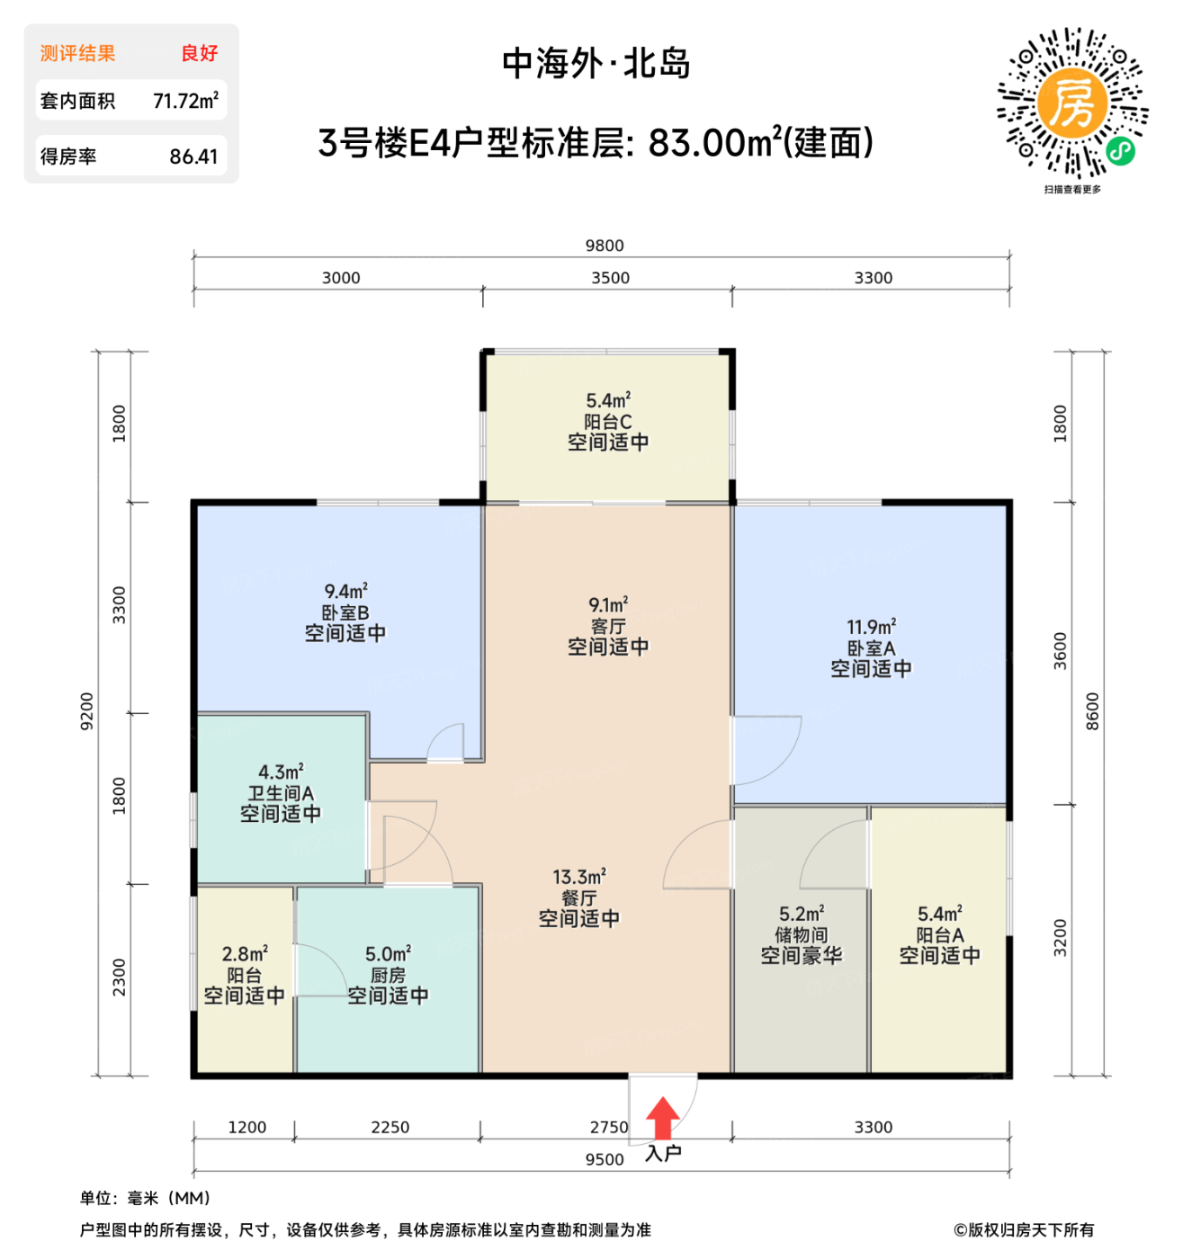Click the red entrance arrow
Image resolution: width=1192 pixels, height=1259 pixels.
[x=663, y=1119]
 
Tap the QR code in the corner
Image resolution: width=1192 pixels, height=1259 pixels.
[x=1072, y=103]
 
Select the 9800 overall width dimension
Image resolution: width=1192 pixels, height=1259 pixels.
[x=605, y=246]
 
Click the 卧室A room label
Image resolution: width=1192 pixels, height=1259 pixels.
[x=871, y=648]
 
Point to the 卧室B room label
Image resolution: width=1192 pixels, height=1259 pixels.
[x=345, y=612]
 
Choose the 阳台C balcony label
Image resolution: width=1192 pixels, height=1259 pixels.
[x=608, y=422]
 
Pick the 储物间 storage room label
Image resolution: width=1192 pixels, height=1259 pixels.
[x=801, y=935]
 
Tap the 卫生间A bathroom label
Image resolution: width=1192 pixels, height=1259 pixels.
[x=281, y=793]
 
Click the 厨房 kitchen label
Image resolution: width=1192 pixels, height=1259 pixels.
[x=388, y=976]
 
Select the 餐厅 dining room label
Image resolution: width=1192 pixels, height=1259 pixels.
[x=578, y=897]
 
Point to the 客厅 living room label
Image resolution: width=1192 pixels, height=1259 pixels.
[x=608, y=626]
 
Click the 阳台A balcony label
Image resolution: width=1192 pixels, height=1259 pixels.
[x=940, y=935]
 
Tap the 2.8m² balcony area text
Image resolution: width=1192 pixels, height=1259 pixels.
[x=245, y=954]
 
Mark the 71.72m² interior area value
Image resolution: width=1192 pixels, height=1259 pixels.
[x=185, y=101]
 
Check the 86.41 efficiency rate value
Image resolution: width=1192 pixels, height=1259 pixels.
[x=193, y=156]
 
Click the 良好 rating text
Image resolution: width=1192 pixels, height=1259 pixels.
[x=199, y=53]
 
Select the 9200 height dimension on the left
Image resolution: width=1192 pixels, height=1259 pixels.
[x=86, y=710]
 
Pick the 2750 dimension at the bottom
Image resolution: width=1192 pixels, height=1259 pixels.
[x=609, y=1127]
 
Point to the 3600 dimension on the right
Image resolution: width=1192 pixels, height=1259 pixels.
[x=1060, y=650]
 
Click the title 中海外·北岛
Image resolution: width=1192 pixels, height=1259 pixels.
[x=596, y=64]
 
